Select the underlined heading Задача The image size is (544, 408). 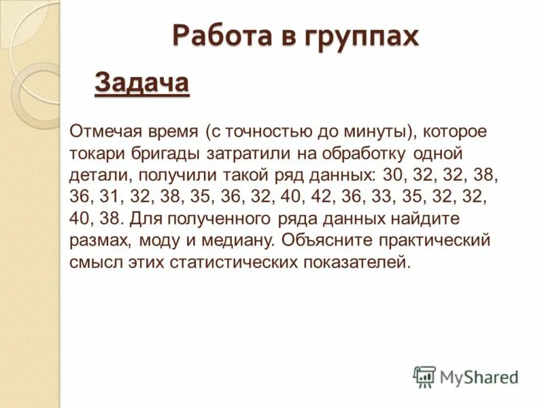pos(141,84)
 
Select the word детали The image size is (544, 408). pos(97,174)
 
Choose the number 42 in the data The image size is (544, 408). pos(324,197)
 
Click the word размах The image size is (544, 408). pos(99,241)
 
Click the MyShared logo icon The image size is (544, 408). pos(424,376)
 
